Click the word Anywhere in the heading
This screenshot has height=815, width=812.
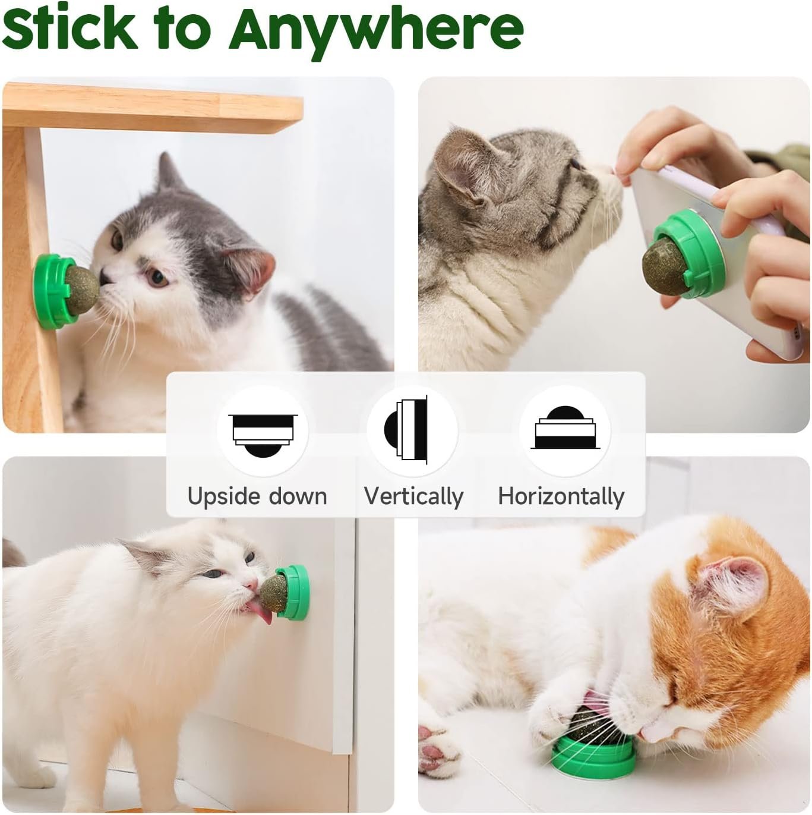tap(377, 30)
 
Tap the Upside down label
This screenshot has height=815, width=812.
tap(257, 496)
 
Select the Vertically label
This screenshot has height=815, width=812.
tap(413, 496)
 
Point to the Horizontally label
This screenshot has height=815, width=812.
tap(561, 496)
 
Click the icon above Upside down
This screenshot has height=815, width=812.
tap(262, 431)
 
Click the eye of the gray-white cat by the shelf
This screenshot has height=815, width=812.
tap(157, 276)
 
